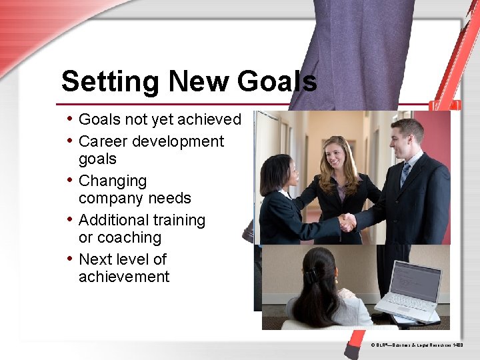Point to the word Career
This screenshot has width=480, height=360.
click(103, 141)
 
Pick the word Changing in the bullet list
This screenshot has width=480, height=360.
click(113, 181)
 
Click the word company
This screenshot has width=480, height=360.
click(109, 199)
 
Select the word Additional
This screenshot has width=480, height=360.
click(113, 220)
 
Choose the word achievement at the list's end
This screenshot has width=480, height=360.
click(124, 277)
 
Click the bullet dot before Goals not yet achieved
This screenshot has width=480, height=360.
click(71, 119)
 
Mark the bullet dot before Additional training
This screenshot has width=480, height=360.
click(71, 219)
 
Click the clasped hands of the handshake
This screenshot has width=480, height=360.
click(347, 222)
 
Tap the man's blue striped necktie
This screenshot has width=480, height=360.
click(405, 174)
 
